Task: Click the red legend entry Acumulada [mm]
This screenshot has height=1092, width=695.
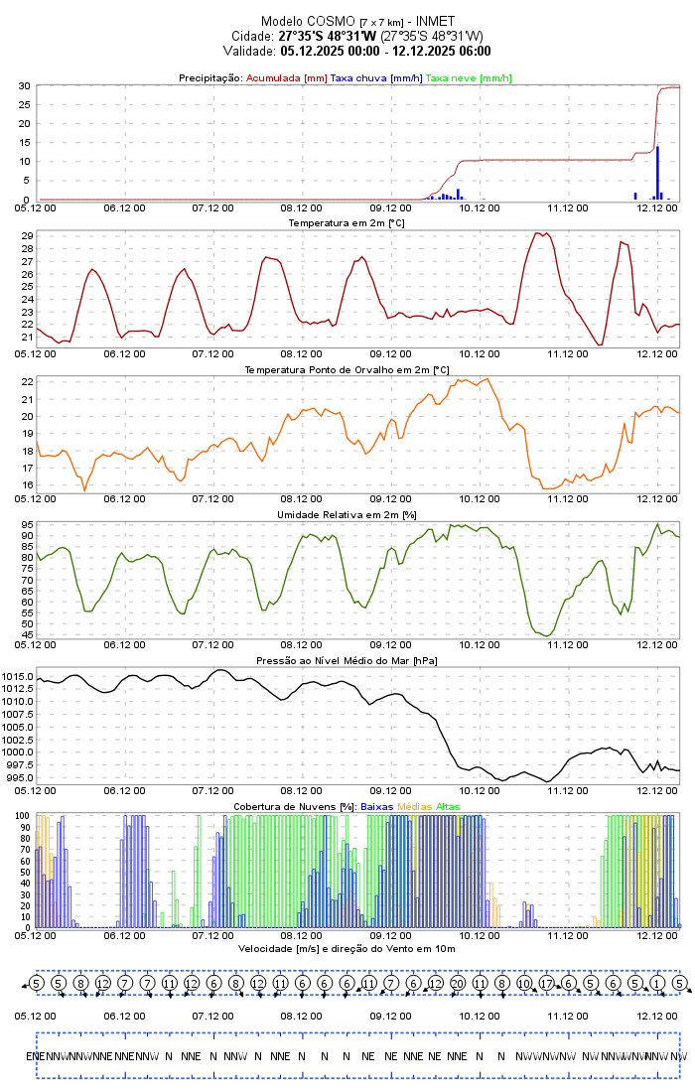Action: (286, 77)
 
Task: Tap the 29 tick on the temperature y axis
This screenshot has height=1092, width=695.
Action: (25, 236)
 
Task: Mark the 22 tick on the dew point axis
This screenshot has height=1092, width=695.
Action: (25, 382)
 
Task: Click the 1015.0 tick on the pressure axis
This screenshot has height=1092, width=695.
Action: (18, 677)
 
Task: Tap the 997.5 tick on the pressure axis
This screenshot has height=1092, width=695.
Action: (18, 764)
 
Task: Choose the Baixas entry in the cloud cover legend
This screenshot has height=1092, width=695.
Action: (377, 806)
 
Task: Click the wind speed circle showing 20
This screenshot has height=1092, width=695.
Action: (457, 983)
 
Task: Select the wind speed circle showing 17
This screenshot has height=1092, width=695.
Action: (546, 983)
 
